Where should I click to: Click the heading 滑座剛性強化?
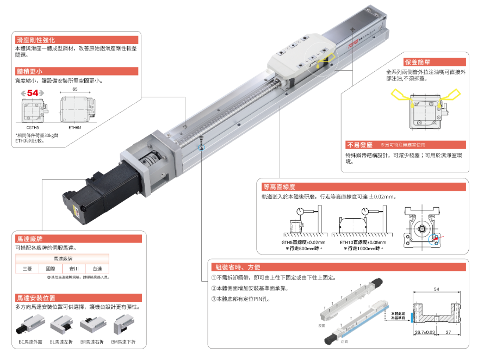[36, 40]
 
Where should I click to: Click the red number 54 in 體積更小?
[33, 94]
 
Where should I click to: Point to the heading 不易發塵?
[359, 145]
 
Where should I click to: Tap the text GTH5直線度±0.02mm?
[302, 243]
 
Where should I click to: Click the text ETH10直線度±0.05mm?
[363, 243]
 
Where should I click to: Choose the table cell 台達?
[97, 269]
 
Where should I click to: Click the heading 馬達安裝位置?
[36, 298]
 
